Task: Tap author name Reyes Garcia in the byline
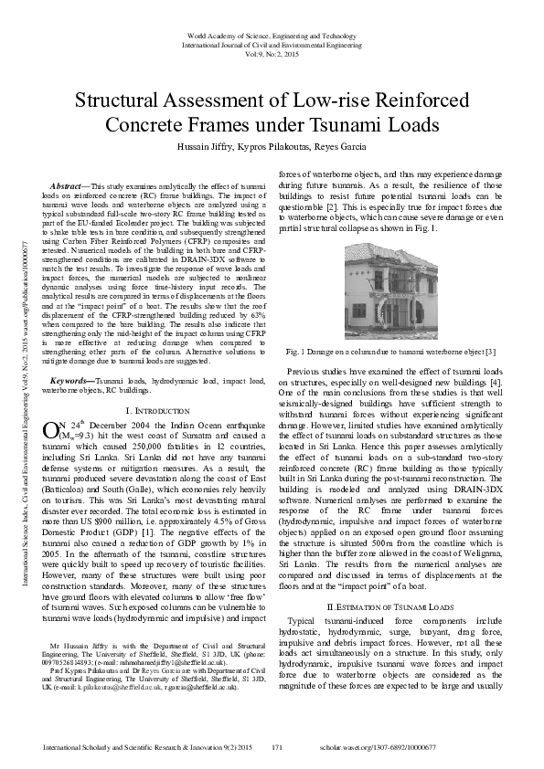tap(343, 146)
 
